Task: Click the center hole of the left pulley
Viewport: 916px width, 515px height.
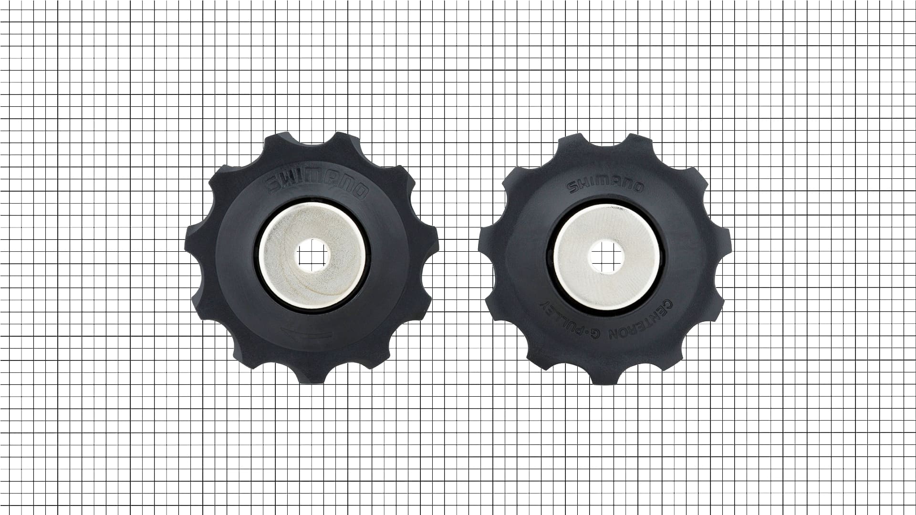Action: point(312,255)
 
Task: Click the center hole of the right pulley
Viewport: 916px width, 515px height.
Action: point(606,256)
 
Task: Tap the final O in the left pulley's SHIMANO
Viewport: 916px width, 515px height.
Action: point(361,192)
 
